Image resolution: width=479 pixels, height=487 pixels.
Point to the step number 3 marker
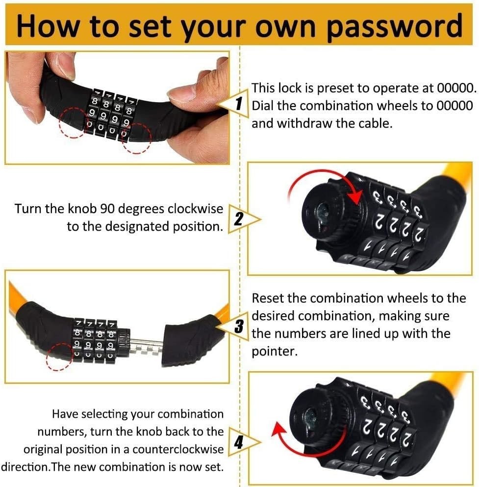[x=239, y=326]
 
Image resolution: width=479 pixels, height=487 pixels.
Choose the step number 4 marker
[x=238, y=442]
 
